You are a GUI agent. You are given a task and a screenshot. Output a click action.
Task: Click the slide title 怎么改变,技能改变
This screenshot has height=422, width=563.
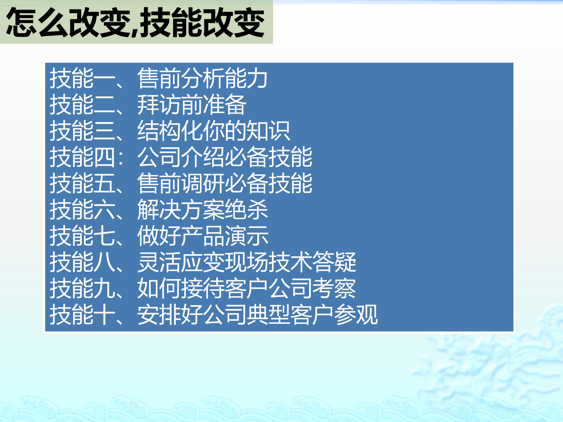(135, 22)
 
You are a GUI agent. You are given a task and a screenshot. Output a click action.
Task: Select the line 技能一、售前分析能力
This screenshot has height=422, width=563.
(158, 78)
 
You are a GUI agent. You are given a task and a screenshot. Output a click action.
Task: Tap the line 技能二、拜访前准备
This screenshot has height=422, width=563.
(148, 105)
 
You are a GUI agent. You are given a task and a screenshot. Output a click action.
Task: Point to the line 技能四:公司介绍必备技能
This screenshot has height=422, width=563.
(181, 157)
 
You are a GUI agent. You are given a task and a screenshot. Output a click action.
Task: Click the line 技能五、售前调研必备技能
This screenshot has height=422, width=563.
(181, 183)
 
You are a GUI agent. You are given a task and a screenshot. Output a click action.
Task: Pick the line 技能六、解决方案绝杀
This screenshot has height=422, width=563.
(159, 210)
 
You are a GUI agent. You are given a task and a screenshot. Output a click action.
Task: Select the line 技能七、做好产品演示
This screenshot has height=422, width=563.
(159, 236)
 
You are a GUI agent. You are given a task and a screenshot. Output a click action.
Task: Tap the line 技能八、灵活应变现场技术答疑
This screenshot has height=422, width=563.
(203, 262)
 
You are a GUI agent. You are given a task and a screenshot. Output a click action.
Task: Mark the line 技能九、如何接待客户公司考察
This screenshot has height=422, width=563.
(203, 288)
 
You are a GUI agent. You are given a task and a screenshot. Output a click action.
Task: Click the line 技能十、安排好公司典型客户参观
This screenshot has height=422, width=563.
(214, 314)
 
